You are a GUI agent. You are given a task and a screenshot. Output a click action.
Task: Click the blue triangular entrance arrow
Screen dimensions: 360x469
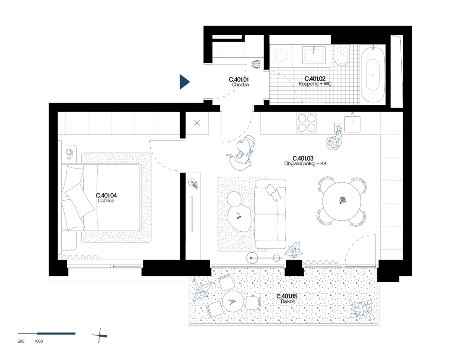coord(184,82)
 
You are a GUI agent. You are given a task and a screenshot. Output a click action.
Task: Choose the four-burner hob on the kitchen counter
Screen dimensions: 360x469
coord(306,123)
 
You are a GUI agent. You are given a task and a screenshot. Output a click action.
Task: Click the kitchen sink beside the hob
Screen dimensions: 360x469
coord(352,124)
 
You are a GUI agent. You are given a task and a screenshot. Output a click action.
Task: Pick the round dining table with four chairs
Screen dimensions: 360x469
coord(342,201)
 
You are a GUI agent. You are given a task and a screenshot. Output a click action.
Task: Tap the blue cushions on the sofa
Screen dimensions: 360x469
coord(273,191)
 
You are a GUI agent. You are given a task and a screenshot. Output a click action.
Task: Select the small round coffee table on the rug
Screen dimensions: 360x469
coord(234,199)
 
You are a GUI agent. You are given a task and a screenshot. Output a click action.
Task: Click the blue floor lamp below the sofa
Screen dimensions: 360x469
coord(252,258)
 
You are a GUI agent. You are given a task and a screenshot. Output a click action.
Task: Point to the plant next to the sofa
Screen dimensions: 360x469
coord(294,250)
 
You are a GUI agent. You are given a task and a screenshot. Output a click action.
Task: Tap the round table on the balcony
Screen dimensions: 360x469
coord(233,301)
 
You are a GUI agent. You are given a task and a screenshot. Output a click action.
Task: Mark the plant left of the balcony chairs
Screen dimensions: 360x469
coord(201,290)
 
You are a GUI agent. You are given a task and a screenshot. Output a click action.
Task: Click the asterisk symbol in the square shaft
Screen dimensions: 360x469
coord(197,123)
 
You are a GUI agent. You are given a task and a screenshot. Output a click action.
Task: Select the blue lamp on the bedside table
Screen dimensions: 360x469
coord(69,153)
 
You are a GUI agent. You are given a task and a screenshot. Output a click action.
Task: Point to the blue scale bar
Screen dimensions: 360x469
coord(47,333)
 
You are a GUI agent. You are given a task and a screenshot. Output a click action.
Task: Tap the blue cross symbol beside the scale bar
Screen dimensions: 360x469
coord(99,336)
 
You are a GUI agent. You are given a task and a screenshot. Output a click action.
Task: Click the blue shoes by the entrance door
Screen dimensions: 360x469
coord(256,64)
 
